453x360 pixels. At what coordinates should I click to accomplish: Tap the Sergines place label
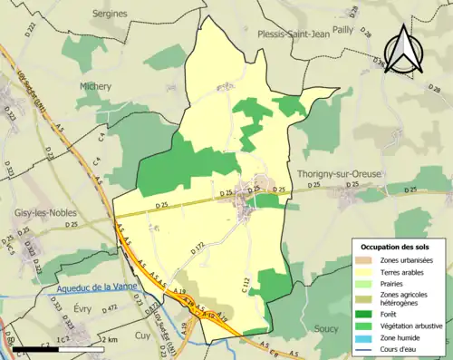(x=110, y=14)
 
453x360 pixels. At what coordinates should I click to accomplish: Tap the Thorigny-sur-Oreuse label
(x=336, y=172)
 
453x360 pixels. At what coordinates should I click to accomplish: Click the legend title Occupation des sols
(x=397, y=247)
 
